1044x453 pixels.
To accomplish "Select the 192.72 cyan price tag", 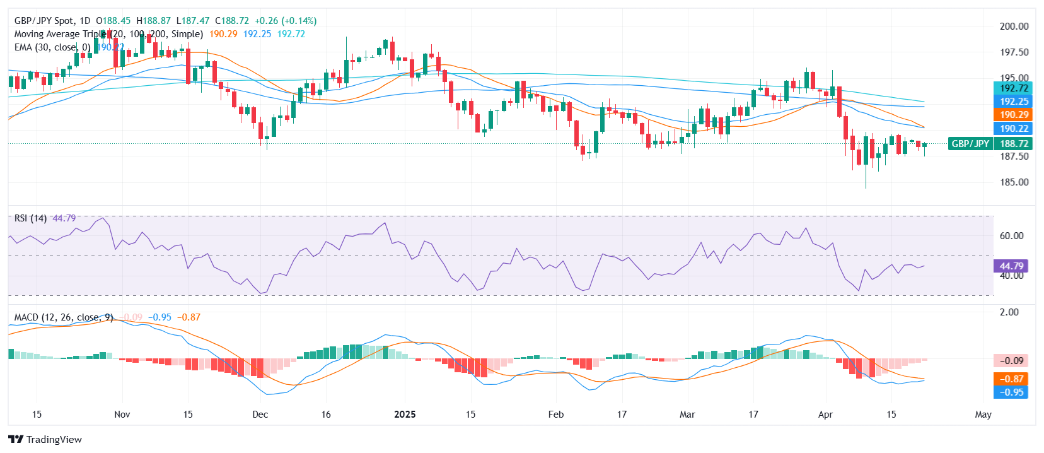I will [1014, 88].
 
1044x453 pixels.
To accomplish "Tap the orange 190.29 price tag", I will [1014, 115].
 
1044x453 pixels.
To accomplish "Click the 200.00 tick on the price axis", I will [1014, 26].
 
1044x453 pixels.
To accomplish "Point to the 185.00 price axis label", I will [1014, 182].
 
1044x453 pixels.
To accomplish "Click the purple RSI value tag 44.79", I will [1011, 266].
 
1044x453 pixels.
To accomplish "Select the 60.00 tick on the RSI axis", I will [1011, 236].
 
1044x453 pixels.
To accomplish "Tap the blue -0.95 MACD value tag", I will [1011, 392].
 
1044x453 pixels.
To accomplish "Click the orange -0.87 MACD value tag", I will [1011, 379].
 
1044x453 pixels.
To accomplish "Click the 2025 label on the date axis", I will [405, 415].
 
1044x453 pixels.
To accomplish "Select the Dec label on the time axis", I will [260, 415].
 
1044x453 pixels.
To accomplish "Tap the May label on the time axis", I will [983, 415].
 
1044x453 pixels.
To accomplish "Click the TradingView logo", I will [45, 440].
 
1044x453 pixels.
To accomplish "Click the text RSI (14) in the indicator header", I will [30, 218].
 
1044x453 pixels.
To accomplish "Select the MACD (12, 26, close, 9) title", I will [64, 317].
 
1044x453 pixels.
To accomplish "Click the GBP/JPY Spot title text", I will [52, 21].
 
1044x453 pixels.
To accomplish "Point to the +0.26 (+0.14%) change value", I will [285, 21].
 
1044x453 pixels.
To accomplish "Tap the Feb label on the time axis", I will [555, 415].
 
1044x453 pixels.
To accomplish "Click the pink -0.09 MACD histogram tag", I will [1011, 361].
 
